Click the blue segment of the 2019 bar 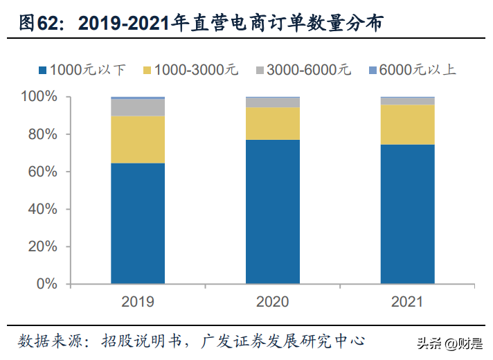(x=138, y=224)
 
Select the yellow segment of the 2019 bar (x=138, y=140)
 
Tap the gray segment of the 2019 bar (x=138, y=107)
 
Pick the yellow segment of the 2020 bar (x=273, y=123)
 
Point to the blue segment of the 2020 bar (x=273, y=212)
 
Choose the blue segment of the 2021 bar (x=407, y=214)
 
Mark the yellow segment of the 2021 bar (x=407, y=125)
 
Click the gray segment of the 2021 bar (x=407, y=101)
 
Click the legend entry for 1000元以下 (x=82, y=70)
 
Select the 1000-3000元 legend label (x=196, y=70)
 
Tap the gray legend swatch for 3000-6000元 (x=260, y=70)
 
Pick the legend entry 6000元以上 (x=412, y=70)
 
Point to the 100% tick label (x=39, y=96)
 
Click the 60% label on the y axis (x=43, y=172)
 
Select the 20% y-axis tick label (x=43, y=246)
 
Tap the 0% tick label (x=47, y=284)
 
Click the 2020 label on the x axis (x=273, y=302)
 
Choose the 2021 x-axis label (x=407, y=302)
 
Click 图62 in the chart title (x=39, y=23)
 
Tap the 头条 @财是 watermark (x=450, y=343)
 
